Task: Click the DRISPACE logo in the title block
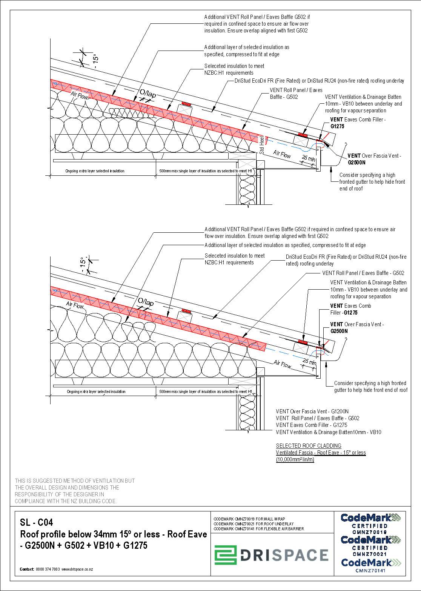click(272, 555)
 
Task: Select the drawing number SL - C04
click(37, 522)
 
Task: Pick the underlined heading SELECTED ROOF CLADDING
click(308, 445)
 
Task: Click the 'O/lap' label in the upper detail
click(148, 94)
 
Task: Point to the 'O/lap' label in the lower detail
click(146, 302)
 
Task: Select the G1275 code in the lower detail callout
click(350, 313)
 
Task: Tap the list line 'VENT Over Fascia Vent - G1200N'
click(312, 411)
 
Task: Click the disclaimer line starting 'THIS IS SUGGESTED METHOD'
click(74, 481)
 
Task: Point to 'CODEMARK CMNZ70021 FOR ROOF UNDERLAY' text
click(254, 524)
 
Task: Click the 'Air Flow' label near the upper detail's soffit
click(282, 154)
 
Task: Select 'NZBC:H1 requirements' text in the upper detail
click(229, 73)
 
